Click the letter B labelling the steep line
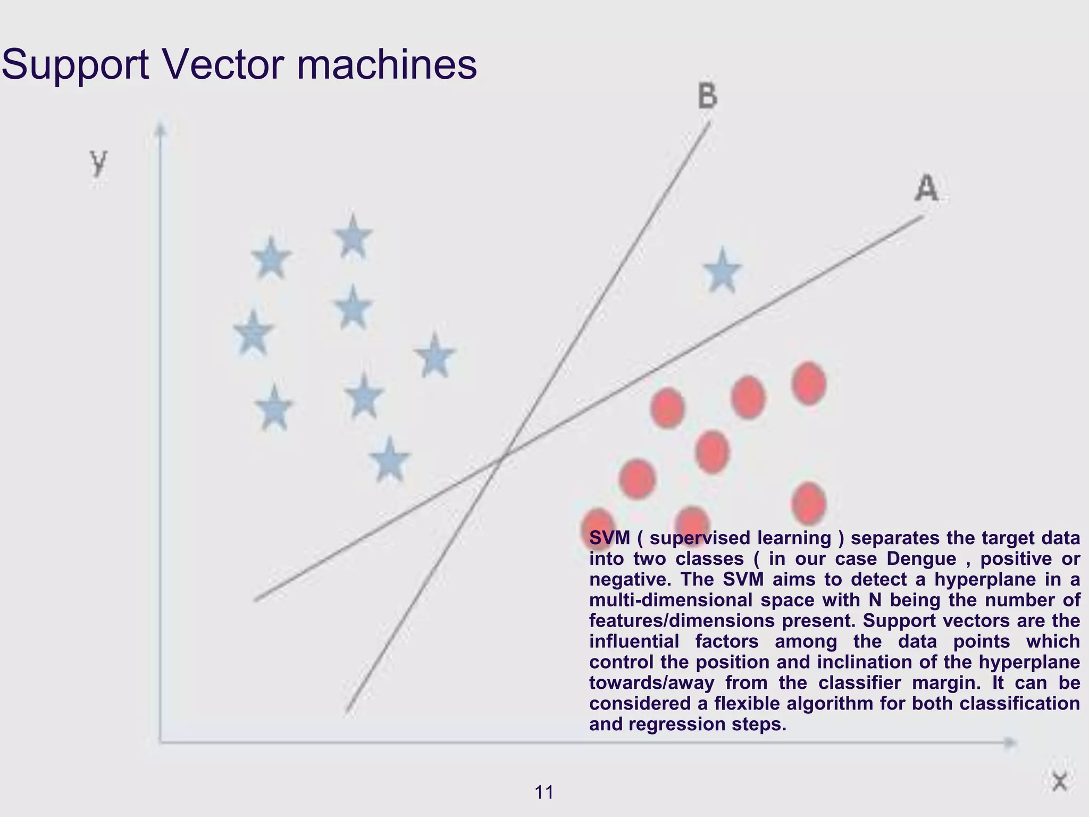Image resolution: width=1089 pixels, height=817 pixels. coord(708,96)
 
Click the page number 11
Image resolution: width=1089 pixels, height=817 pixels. coord(544,793)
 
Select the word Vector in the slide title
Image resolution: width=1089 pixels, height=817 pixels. coord(222,65)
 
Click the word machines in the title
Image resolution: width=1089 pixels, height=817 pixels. coord(387,65)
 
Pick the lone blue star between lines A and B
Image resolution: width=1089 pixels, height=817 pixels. coord(722,272)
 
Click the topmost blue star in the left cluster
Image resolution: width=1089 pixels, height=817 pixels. coord(353,237)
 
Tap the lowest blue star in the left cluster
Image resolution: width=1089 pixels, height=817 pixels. coord(389,460)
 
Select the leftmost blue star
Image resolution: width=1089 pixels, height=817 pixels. coord(253,334)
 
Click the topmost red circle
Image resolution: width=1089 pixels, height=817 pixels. coord(809,383)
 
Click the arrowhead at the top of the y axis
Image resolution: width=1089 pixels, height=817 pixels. coord(160,129)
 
